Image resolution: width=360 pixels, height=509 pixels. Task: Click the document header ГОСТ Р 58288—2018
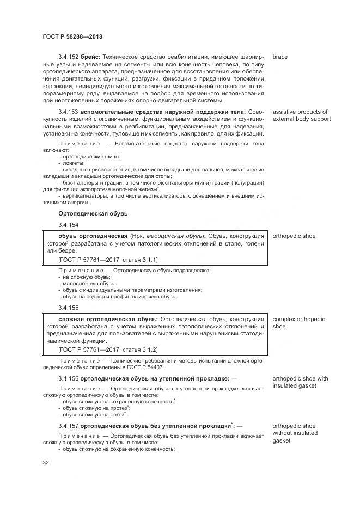click(x=72, y=36)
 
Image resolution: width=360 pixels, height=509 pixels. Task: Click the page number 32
click(x=46, y=463)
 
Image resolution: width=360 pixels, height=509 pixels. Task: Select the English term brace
click(x=279, y=57)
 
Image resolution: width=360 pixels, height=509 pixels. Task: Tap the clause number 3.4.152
click(x=68, y=57)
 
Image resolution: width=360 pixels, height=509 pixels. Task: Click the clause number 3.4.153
click(x=68, y=112)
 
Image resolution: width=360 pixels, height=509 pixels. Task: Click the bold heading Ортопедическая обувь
click(x=93, y=213)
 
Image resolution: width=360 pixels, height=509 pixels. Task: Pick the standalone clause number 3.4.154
click(x=68, y=225)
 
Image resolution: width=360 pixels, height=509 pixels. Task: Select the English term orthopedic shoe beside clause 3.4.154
click(x=294, y=236)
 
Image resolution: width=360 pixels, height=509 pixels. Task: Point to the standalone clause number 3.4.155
click(x=68, y=308)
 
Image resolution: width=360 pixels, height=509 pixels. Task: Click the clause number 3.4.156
click(x=68, y=378)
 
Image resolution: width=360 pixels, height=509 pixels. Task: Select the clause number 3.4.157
click(x=68, y=425)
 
